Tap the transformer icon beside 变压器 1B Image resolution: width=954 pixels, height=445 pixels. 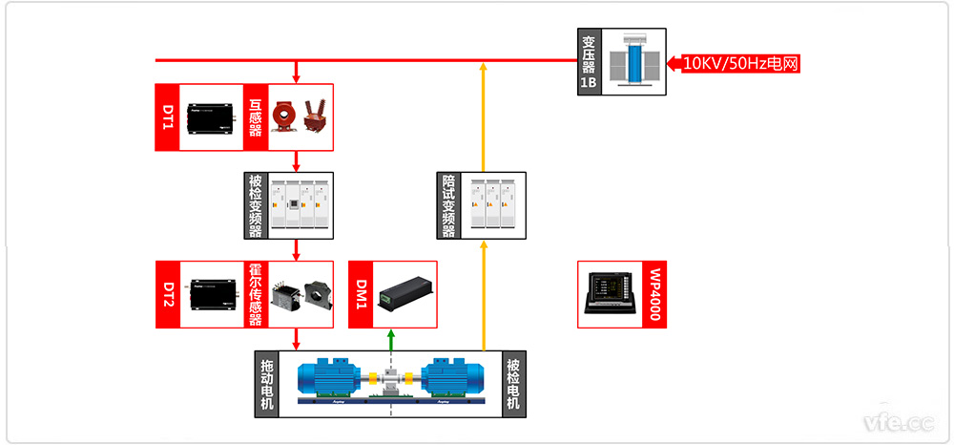pos(633,61)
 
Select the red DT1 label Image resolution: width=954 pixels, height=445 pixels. pos(167,117)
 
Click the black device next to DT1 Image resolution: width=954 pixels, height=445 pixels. pos(211,117)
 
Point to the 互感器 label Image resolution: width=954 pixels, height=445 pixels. pos(255,117)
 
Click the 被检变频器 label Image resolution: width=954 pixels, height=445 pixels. pos(255,205)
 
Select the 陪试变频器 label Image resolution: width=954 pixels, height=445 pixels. pos(448,205)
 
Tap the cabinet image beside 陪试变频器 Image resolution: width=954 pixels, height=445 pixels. pos(492,205)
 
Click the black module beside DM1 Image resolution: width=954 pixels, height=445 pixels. pos(404,293)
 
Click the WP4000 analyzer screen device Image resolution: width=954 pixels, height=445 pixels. pos(610,294)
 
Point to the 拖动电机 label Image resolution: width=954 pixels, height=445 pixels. pos(266,384)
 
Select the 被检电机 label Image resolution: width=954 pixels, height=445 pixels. pos(513,384)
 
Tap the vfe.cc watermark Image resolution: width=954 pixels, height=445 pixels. pos(898,421)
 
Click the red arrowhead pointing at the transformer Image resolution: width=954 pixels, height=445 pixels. pos(674,65)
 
